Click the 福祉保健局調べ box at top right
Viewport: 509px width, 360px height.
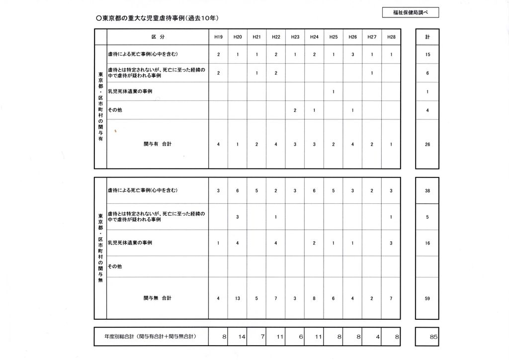[410, 13]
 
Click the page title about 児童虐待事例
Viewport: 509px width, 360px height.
[158, 18]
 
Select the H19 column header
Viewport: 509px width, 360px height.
[218, 37]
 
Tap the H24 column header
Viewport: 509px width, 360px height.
[314, 37]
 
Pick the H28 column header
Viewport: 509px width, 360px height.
[391, 37]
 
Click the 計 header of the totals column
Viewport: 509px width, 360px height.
[427, 37]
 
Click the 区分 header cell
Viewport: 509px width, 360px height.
[158, 37]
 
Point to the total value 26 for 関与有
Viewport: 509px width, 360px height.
[427, 145]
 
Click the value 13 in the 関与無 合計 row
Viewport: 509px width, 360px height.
[238, 298]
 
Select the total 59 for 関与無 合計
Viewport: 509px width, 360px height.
[427, 298]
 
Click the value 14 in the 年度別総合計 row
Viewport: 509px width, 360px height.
[242, 337]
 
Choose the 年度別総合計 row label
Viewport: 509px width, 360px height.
[150, 337]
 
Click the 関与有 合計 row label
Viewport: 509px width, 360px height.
[158, 144]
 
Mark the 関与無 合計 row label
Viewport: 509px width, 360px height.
[158, 298]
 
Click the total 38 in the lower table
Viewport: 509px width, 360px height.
[427, 191]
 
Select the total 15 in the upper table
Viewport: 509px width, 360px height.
[427, 55]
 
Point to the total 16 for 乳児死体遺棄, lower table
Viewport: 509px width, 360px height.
[427, 243]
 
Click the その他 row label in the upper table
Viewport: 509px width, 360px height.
[115, 110]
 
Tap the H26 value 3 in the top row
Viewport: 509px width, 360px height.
[352, 55]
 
